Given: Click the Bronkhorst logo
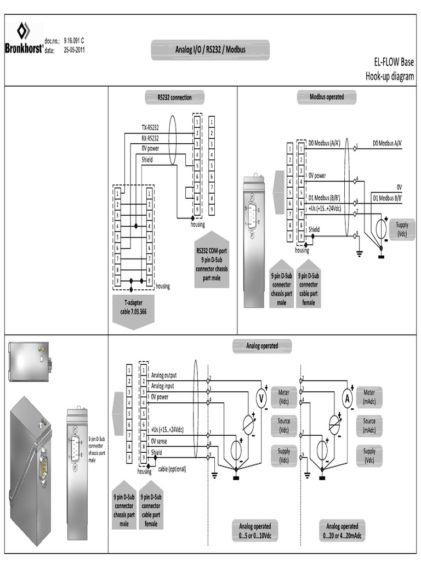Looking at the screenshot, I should [x=24, y=38].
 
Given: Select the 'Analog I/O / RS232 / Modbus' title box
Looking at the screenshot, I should [x=210, y=50].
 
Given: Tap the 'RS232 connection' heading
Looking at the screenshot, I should [x=174, y=98].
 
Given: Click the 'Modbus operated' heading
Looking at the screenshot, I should [x=327, y=97].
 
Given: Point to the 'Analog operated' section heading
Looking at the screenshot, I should [x=261, y=346].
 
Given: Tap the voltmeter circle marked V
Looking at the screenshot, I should [x=261, y=397].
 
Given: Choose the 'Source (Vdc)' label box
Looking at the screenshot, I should [x=283, y=425].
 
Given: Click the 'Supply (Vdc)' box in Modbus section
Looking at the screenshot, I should [x=402, y=228].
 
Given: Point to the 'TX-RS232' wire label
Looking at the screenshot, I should [x=150, y=127].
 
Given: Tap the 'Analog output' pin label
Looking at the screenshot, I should [x=164, y=375].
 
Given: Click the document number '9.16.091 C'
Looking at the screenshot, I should [x=74, y=41].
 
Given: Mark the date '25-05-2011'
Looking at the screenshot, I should [x=74, y=50].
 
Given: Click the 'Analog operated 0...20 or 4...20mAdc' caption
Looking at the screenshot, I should [x=342, y=530].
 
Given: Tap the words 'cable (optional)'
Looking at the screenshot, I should [x=172, y=469].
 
